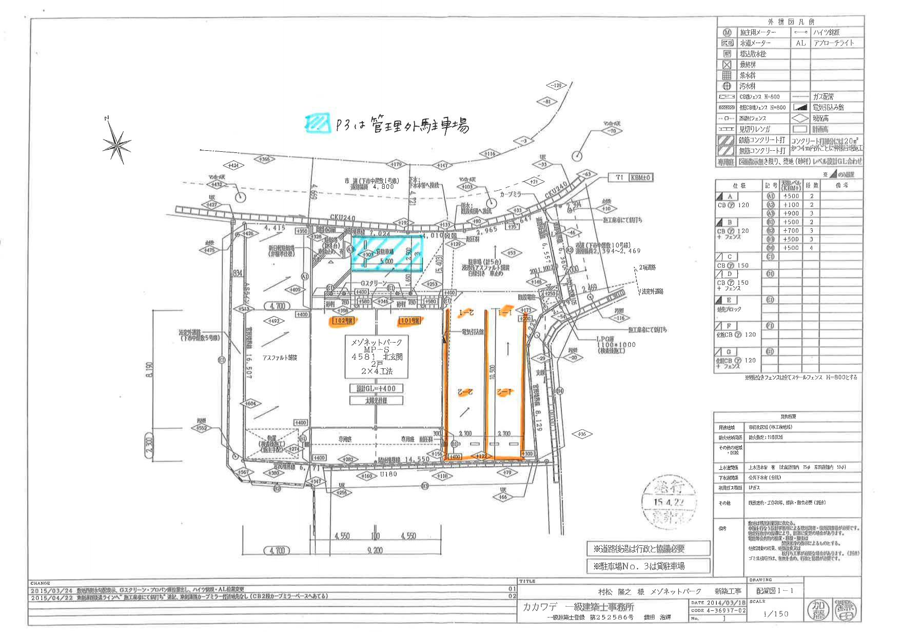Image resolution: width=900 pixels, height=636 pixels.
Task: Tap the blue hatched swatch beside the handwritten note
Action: (x=318, y=122)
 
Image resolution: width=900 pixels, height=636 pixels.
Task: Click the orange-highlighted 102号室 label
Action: (x=343, y=321)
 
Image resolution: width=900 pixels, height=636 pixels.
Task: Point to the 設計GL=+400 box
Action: (x=376, y=388)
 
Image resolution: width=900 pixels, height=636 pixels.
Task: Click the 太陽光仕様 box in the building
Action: (x=376, y=400)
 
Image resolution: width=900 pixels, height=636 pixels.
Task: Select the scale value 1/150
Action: (x=776, y=613)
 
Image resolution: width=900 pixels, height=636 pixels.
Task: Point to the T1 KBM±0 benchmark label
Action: (x=633, y=177)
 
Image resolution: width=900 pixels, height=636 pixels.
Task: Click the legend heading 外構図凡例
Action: (x=790, y=22)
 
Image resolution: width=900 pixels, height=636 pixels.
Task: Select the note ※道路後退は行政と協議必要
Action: (x=649, y=548)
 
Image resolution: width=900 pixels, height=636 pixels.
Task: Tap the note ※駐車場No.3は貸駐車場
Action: (x=649, y=566)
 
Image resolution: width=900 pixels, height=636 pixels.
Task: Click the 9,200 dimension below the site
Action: (x=375, y=550)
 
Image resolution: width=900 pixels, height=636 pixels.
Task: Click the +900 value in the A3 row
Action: (x=791, y=213)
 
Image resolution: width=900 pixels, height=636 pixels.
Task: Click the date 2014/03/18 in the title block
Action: (x=726, y=603)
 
